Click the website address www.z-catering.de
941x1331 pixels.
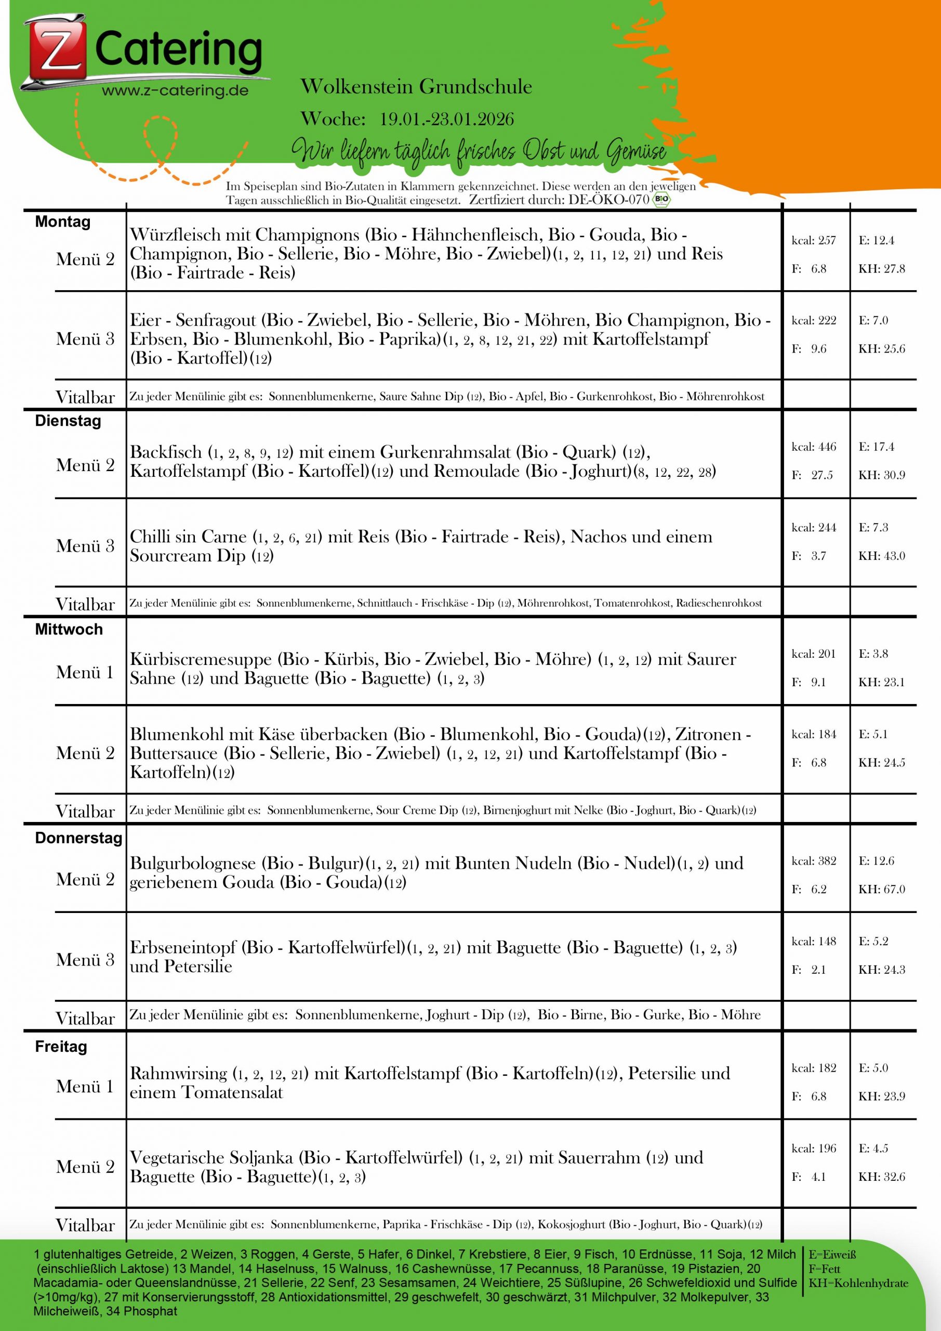pos(175,90)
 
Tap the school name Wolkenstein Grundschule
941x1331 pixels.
pos(416,87)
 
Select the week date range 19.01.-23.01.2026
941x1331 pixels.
pos(447,120)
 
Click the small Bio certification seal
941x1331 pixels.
pos(660,200)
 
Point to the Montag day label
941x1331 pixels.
pos(62,222)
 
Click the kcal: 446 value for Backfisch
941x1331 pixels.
pos(814,447)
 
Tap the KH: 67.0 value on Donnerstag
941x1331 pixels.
pos(881,889)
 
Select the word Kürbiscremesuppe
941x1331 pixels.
pos(201,660)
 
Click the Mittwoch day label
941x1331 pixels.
pos(69,630)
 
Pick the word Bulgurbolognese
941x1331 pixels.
pos(192,863)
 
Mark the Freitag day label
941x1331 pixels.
pos(61,1047)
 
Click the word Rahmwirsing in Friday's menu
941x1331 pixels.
pos(178,1073)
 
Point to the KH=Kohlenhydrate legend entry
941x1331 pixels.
pos(858,1284)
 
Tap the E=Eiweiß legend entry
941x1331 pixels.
pos(832,1255)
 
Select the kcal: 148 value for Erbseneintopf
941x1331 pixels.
pos(814,942)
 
